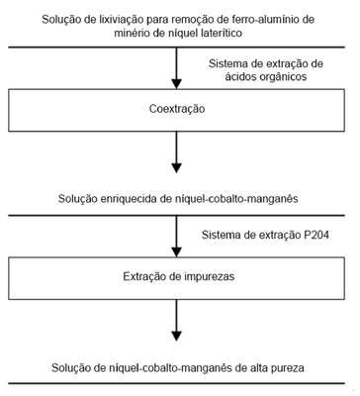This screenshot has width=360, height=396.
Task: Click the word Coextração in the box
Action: pos(177,109)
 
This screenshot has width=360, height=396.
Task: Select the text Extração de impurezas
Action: pos(179,276)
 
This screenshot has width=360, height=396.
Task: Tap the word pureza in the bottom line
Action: pos(287,367)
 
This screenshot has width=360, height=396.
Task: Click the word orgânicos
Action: pos(284,77)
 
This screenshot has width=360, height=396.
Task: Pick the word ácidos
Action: pos(241,77)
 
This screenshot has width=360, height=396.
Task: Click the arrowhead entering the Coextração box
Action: pos(177,84)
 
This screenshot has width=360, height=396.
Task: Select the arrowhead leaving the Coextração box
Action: pos(177,168)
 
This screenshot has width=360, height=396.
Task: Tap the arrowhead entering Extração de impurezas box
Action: pos(177,252)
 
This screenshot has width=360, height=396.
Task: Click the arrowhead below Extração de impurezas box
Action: pos(177,337)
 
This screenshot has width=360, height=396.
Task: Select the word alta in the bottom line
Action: pos(257,367)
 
